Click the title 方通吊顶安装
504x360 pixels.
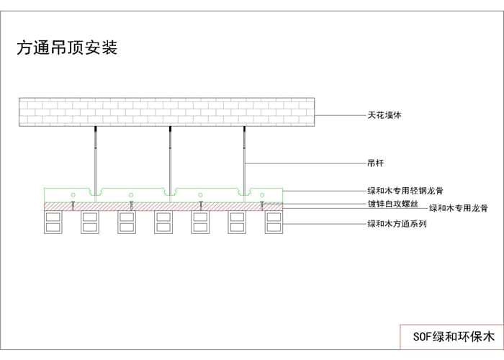[66, 48]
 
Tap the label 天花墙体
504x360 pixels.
[383, 114]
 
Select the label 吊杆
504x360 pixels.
[374, 163]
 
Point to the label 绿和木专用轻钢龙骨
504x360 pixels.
[405, 191]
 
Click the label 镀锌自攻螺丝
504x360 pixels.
[392, 204]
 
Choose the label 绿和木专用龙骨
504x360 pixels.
[458, 208]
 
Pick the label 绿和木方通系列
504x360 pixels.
[397, 223]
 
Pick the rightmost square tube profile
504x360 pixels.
[274, 222]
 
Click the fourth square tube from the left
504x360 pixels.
[163, 222]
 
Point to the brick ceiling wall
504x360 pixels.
[168, 112]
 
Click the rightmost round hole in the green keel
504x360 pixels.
[263, 195]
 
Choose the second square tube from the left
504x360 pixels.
[90, 222]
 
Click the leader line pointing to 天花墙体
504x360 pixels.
[342, 114]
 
